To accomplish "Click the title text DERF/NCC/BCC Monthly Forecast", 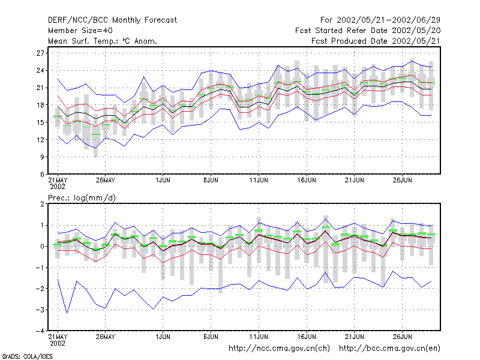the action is pos(112,20).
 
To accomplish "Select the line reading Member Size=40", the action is pos(80,31).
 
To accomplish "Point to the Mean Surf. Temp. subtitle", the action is pos(102,41).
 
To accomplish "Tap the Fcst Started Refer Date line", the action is pos(368,31).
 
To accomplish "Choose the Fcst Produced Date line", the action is pos(376,41).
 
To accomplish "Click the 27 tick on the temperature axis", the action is pos(40,53).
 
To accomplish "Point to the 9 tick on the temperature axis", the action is pos(42,157).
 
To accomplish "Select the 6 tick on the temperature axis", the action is pos(42,175).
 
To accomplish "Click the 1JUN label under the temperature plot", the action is pos(163,180).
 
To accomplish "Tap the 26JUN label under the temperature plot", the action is pos(402,180).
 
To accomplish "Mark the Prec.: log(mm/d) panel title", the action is pos(82,198).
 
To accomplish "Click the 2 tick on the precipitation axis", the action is pos(42,204).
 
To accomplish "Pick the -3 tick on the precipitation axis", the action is pos(40,310).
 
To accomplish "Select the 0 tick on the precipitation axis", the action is pos(42,247).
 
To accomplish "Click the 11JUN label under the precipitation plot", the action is pos(259,337).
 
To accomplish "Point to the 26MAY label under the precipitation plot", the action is pos(106,337).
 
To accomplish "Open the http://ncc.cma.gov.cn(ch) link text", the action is pos(280,349).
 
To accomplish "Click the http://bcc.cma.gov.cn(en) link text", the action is pos(389,349).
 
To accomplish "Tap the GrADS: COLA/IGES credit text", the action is pos(27,356).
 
